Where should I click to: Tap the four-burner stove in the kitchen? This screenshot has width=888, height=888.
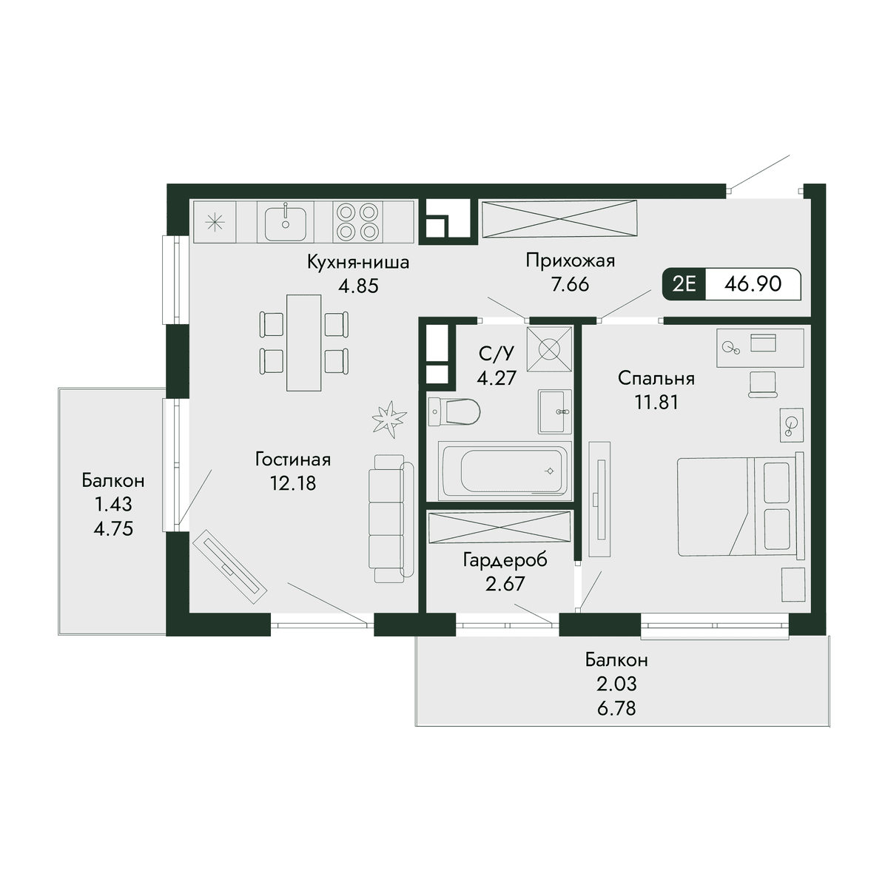(x=357, y=222)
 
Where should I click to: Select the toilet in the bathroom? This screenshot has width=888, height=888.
(x=454, y=411)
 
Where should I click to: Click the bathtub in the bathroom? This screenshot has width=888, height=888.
(x=505, y=471)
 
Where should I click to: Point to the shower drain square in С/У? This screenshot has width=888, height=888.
(x=549, y=349)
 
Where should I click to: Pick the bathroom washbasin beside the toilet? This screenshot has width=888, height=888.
(x=555, y=411)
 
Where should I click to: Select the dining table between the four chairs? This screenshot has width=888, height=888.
(x=303, y=343)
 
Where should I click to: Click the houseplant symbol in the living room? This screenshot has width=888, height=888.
(x=390, y=418)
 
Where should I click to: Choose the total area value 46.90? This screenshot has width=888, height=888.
(x=753, y=283)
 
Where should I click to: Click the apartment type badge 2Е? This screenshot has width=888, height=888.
(x=684, y=283)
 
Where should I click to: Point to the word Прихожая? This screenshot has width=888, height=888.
(x=571, y=260)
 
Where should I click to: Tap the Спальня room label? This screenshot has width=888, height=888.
(x=656, y=378)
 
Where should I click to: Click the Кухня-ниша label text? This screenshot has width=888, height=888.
(x=358, y=262)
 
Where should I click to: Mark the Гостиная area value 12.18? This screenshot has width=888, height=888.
(x=293, y=483)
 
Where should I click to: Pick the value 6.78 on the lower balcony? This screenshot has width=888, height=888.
(x=616, y=708)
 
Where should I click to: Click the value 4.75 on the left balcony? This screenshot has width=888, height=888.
(x=113, y=528)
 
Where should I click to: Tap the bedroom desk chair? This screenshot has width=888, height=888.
(x=763, y=384)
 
